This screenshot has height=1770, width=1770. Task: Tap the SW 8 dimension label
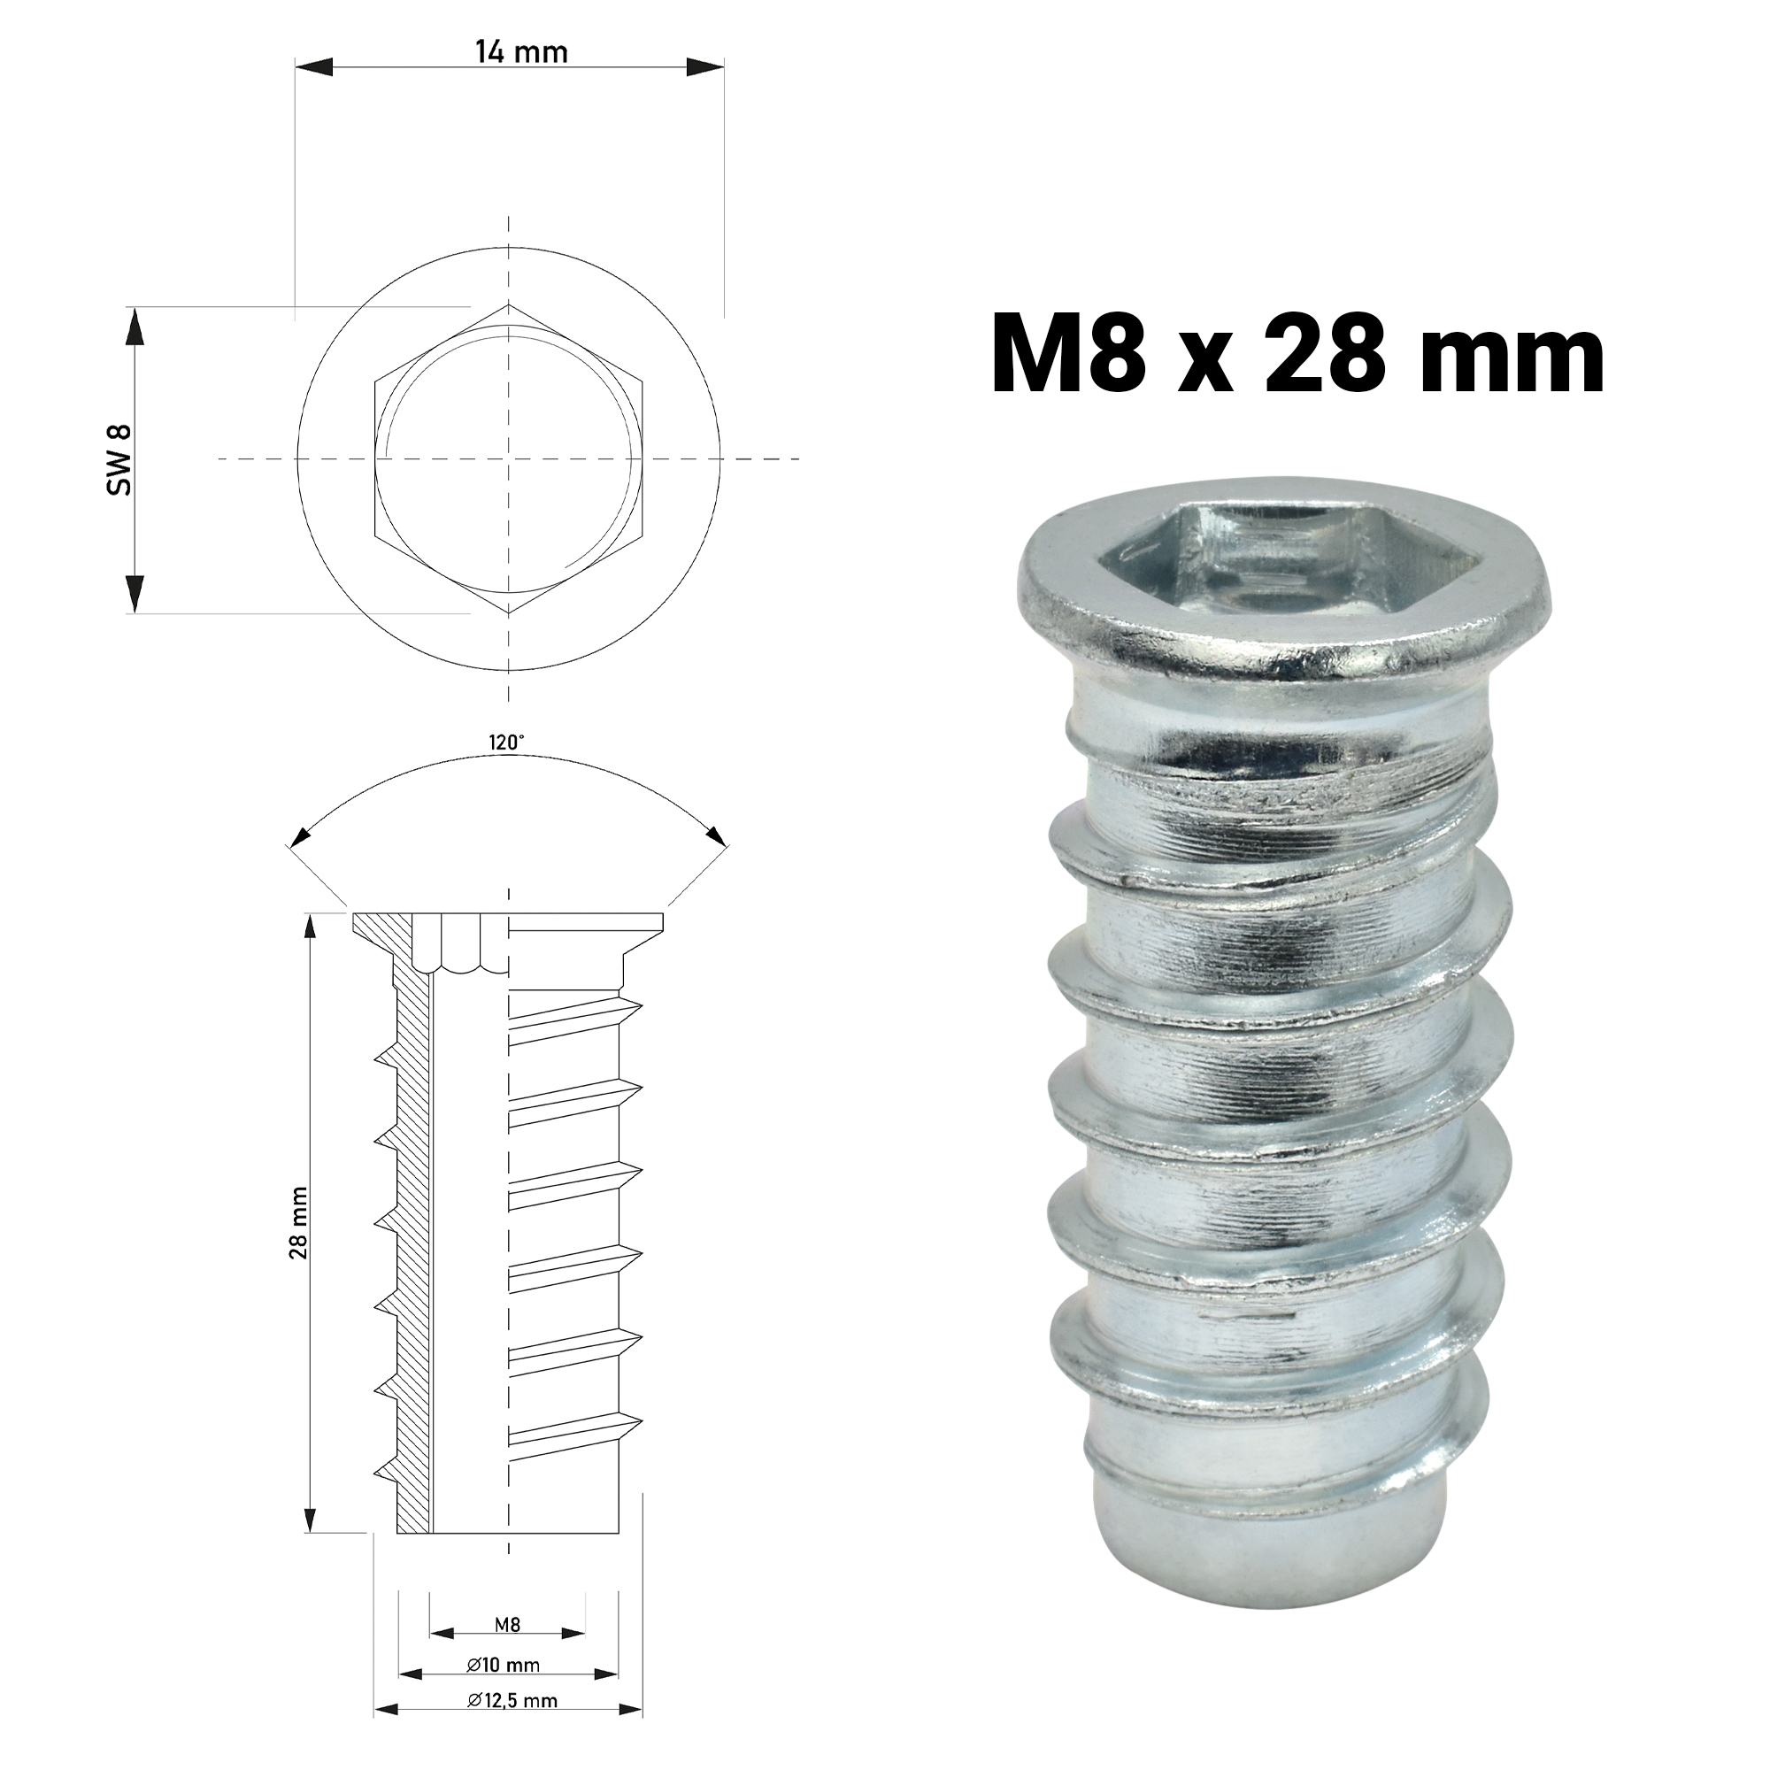(x=120, y=460)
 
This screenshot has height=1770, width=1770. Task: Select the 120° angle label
(x=506, y=743)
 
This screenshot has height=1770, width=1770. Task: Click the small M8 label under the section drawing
(x=507, y=1624)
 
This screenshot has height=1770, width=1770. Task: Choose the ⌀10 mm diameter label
(x=504, y=1666)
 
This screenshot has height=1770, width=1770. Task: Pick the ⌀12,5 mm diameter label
(x=512, y=1700)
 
